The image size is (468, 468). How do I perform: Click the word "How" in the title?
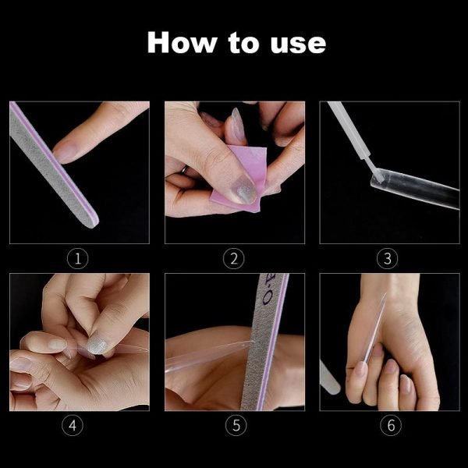[x=182, y=42]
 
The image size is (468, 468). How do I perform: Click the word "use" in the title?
[x=298, y=45]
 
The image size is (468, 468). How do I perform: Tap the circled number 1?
[x=77, y=258]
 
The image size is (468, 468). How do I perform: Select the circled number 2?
[x=234, y=258]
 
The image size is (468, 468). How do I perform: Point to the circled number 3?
[x=387, y=258]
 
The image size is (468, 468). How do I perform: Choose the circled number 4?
[x=73, y=425]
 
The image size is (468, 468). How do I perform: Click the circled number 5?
[x=236, y=425]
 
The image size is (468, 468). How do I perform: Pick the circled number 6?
[x=391, y=425]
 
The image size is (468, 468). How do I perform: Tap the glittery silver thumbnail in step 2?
[x=243, y=190]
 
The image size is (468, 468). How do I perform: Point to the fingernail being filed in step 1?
[x=63, y=151]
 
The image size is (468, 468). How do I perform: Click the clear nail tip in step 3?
[x=415, y=189]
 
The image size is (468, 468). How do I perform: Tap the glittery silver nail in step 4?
[x=97, y=346]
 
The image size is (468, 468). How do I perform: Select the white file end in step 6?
[x=329, y=378]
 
